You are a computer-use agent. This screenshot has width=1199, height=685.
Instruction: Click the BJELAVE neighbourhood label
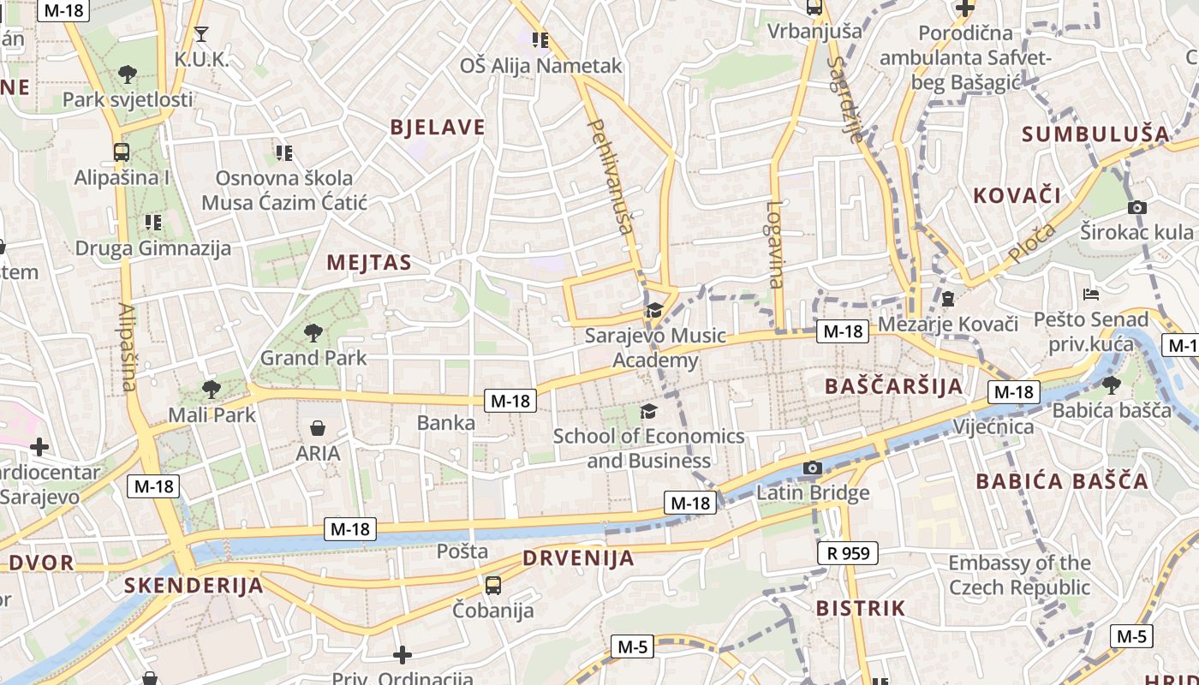click(x=437, y=128)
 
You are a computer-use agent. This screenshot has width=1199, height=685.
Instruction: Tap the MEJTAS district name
click(x=368, y=263)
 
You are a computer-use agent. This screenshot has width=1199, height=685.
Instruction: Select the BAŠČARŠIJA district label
click(x=894, y=386)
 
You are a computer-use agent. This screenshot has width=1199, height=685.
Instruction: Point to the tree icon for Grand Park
click(x=313, y=332)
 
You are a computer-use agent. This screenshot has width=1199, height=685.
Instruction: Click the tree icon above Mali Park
click(x=211, y=390)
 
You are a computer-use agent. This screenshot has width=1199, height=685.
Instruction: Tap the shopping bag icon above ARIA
click(x=318, y=427)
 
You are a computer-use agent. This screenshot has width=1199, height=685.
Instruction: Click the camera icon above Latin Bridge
click(x=812, y=468)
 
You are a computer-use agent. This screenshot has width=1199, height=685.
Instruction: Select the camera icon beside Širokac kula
click(x=1137, y=207)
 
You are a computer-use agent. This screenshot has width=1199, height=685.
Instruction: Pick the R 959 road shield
click(x=848, y=553)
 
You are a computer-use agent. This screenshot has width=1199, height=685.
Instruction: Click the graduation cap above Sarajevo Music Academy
click(x=654, y=310)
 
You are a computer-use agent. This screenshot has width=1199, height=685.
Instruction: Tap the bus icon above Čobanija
click(x=493, y=586)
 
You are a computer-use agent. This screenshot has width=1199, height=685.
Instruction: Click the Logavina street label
click(x=775, y=244)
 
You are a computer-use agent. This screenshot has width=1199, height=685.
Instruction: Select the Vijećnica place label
click(x=993, y=426)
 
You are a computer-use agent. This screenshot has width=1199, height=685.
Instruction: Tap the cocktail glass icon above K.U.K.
click(x=201, y=34)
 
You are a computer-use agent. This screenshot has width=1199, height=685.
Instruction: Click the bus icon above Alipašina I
click(x=122, y=152)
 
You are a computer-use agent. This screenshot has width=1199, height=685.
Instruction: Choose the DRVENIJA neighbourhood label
click(x=578, y=559)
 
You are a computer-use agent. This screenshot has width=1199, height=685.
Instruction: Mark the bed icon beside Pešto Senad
click(x=1090, y=295)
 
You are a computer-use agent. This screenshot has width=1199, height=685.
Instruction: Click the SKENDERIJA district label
click(x=194, y=587)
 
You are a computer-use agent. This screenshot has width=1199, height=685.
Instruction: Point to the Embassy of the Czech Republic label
click(x=1019, y=575)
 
